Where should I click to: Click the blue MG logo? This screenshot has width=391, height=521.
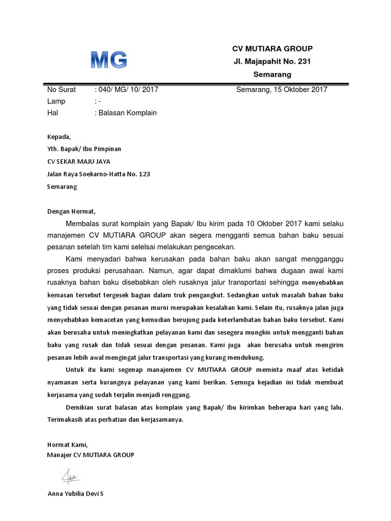coord(108,61)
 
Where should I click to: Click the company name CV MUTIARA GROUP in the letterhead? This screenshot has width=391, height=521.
coord(272,49)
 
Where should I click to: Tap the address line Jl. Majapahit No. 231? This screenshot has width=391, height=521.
coord(272,62)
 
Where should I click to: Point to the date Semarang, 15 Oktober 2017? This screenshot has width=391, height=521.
coord(282,90)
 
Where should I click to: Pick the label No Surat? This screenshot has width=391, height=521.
coord(61,90)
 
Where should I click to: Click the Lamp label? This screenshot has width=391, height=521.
coord(56,101)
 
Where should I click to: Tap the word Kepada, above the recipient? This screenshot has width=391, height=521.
coord(60,137)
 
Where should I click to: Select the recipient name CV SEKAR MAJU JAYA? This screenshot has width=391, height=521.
coord(78,162)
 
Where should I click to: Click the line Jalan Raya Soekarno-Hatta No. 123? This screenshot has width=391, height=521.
coord(98,174)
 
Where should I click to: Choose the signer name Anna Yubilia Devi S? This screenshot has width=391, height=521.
coord(75,494)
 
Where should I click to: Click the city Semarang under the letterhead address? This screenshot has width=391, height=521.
coord(272,75)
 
